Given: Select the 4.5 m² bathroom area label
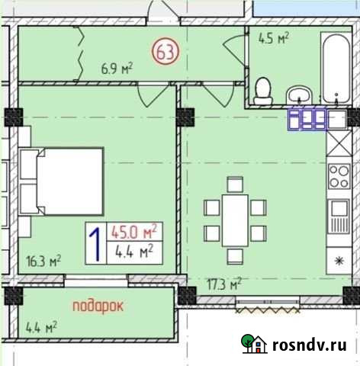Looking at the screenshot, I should pyautogui.click(x=274, y=39).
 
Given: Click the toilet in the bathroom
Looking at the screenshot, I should pyautogui.click(x=263, y=90).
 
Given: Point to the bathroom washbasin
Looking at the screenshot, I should pyautogui.click(x=299, y=94).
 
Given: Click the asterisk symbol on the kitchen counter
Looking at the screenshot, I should pyautogui.click(x=338, y=261).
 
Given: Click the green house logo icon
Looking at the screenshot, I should pyautogui.click(x=253, y=345).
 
